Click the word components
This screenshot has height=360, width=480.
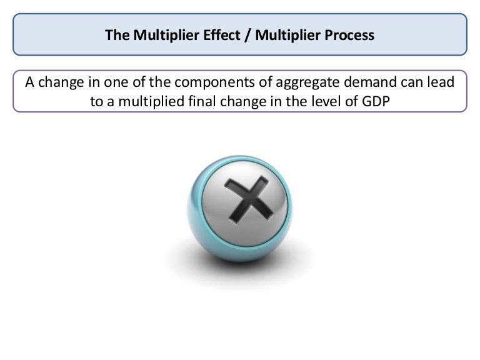(207, 82)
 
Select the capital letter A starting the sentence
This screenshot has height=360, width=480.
(29, 82)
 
